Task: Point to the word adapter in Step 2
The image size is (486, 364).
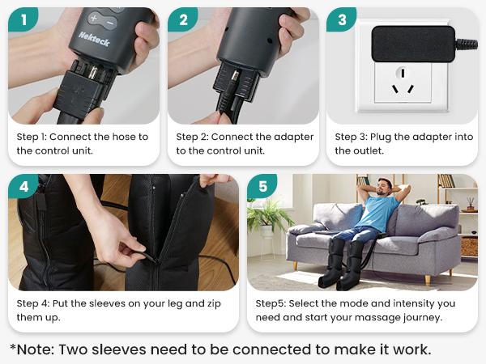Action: pyautogui.click(x=293, y=137)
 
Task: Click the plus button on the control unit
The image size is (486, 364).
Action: pyautogui.click(x=94, y=18)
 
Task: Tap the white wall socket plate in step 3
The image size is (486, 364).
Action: pyautogui.click(x=404, y=89)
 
